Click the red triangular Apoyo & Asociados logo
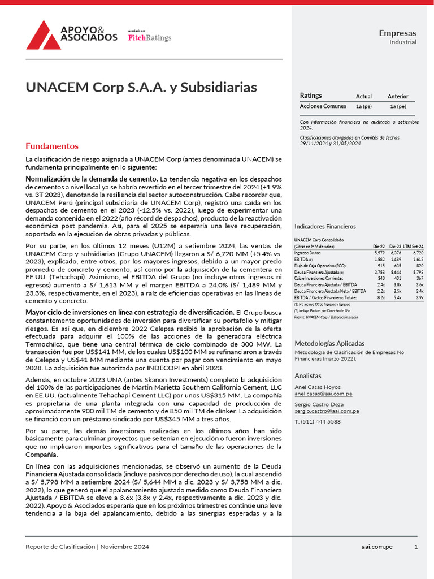[44, 34]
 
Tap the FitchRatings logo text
[150, 38]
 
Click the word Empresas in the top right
[397, 33]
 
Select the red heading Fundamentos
[52, 146]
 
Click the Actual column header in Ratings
[363, 97]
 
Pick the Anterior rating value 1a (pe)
[397, 106]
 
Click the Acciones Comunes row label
[323, 106]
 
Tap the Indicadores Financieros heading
[325, 226]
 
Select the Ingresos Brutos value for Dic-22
[379, 253]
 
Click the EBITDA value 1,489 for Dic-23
[396, 259]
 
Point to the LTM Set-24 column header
[414, 247]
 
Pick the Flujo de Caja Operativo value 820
[419, 265]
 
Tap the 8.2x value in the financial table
[380, 297]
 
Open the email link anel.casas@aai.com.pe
[323, 394]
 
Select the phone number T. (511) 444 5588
[318, 422]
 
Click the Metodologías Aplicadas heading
[329, 343]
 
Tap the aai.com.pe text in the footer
[377, 547]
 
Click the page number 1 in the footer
[416, 547]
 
